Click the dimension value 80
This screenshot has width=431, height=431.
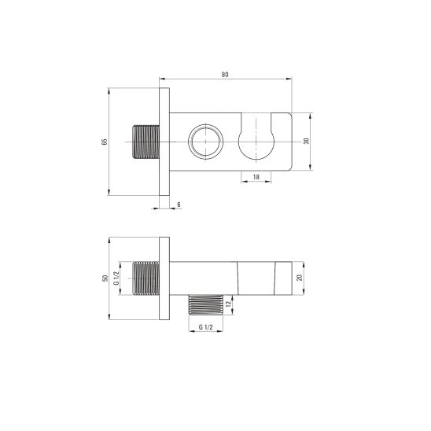(226, 74)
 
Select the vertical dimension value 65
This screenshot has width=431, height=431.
(102, 142)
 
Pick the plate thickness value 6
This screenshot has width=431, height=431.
(179, 204)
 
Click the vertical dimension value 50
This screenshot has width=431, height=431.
(103, 278)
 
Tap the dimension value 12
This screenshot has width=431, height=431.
(228, 304)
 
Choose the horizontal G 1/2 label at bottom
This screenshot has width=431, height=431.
(205, 326)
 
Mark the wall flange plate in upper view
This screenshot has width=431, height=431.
(163, 142)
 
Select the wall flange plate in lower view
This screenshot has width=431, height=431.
(163, 278)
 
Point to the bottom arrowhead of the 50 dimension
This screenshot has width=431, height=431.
(109, 317)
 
